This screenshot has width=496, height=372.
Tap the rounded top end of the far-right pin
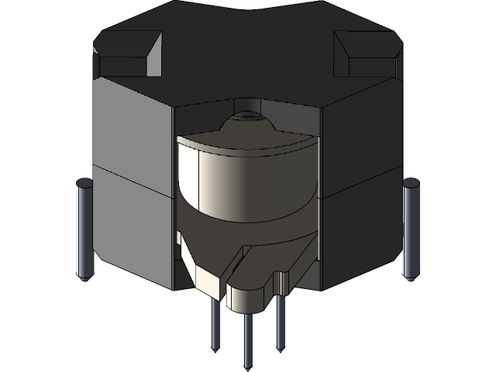[411, 184]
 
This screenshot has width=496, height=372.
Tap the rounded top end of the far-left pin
[84, 184]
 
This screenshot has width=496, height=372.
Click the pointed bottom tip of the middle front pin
[247, 365]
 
